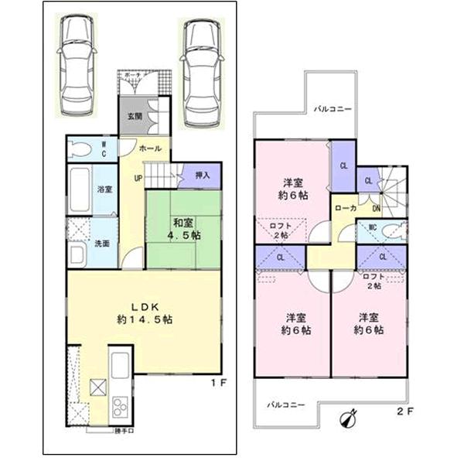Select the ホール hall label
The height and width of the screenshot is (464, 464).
[149, 147]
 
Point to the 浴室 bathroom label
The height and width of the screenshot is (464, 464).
[104, 189]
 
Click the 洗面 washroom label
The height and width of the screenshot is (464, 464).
[102, 244]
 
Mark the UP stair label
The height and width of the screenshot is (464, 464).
[138, 179]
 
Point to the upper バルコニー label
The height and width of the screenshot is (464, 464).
[333, 109]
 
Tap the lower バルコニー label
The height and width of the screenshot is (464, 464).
[287, 404]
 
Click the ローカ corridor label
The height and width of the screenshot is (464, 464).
[345, 209]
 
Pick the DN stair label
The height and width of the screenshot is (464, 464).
[376, 209]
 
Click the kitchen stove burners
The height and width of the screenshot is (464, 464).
[121, 406]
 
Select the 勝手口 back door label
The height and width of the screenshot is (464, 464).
[124, 429]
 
